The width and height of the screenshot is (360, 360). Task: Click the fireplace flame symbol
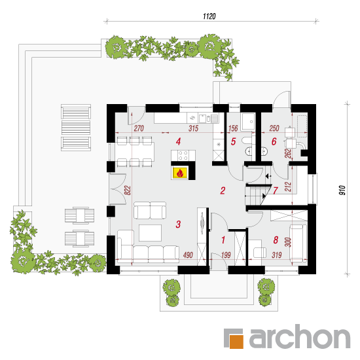coord(180,173)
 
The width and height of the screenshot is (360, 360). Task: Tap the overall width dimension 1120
coord(209,16)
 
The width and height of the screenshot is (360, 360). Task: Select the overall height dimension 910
coord(342,190)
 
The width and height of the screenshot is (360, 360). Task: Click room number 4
coord(178,141)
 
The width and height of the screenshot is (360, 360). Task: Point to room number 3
coord(178,225)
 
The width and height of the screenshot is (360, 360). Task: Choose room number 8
coord(276,240)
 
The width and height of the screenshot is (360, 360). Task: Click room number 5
coord(233,141)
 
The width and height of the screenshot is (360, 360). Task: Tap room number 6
coord(274,141)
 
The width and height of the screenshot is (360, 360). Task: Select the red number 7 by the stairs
coord(276,190)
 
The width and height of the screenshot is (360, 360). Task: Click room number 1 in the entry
coord(223,240)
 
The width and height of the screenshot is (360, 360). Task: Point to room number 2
coord(223,190)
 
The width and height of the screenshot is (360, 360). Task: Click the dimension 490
coord(188,255)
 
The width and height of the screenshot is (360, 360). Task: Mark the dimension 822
coord(128,190)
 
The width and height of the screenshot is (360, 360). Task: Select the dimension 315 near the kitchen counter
coord(193,128)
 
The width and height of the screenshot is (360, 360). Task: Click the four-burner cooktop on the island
coord(183,155)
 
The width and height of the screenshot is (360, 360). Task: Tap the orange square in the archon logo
coord(236,342)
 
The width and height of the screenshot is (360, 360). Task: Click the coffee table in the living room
coord(150,233)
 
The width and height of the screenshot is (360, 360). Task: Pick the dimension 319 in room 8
coord(277,255)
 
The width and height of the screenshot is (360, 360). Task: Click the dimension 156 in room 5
coord(233,128)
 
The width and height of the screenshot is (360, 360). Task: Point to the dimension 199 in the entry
coord(226,255)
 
